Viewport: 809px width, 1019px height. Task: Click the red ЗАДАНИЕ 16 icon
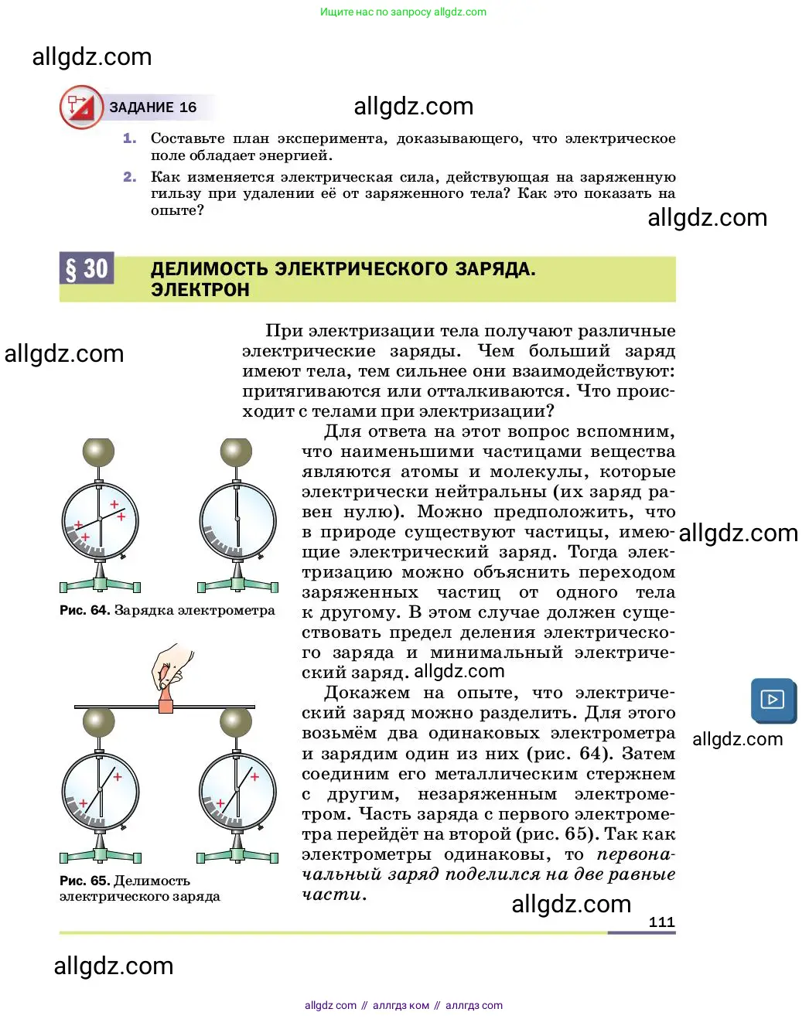[x=81, y=107]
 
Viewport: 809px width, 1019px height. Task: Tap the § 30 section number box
[x=87, y=268]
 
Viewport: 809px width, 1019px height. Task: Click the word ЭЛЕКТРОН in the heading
[x=200, y=290]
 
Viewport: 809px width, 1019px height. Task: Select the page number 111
[x=661, y=922]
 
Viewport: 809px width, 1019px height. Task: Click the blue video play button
[x=773, y=700]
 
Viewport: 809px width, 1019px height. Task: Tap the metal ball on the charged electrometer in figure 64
[x=99, y=452]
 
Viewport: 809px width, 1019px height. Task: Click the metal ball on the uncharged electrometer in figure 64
[x=236, y=452]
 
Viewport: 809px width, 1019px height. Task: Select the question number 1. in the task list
[x=129, y=138]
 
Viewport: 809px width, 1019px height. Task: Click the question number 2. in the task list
[x=129, y=177]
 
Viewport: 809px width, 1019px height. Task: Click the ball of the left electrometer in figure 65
[x=99, y=723]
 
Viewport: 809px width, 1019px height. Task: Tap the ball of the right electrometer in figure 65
[x=236, y=723]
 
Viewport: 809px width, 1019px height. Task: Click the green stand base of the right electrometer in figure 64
[x=237, y=585]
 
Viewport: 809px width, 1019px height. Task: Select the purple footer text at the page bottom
[x=403, y=1005]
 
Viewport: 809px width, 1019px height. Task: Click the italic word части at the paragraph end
[x=331, y=895]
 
